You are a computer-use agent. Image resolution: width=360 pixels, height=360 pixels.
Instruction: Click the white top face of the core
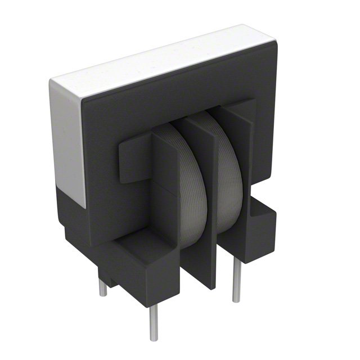point(163,59)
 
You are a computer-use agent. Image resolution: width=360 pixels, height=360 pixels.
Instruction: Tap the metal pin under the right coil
point(237,281)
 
